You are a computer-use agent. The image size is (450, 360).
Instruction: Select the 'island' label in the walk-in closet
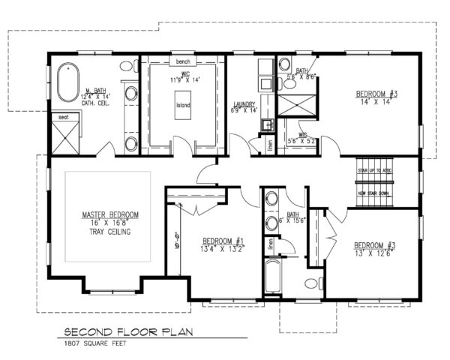tap(183, 105)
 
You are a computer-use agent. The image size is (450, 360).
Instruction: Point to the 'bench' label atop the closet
tap(183, 61)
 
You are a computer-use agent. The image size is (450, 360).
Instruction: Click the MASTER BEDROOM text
tap(106, 215)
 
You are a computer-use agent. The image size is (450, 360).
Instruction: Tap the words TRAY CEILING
tap(106, 232)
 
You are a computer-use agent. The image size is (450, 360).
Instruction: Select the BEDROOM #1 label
tap(220, 242)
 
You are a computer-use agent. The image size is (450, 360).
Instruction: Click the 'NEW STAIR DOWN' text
tap(373, 193)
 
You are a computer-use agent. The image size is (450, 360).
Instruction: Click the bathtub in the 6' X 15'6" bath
tap(273, 277)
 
